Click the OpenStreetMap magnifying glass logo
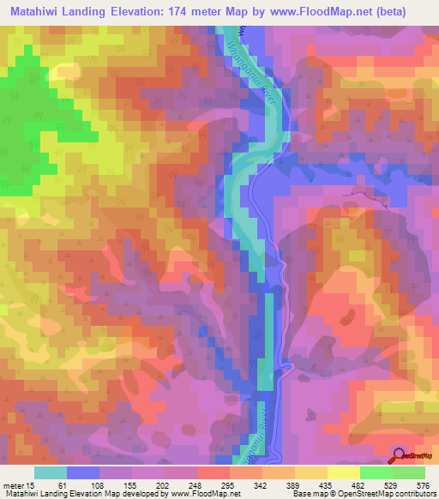[x=400, y=457]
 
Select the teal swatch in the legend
[x=51, y=472]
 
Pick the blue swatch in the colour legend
[x=83, y=472]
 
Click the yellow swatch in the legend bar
[x=344, y=472]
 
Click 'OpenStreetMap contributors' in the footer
[x=394, y=493]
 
